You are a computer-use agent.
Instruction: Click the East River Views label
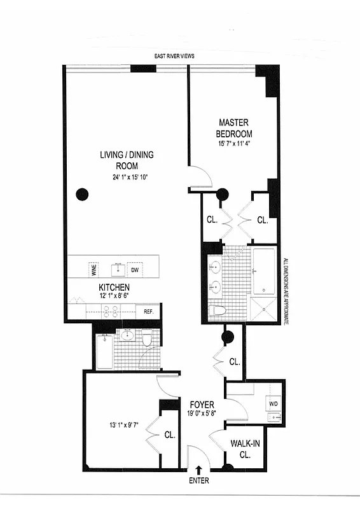click(x=174, y=56)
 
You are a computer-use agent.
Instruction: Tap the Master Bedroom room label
click(x=234, y=128)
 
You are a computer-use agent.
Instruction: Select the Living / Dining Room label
click(x=127, y=159)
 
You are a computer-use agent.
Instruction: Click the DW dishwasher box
click(x=134, y=269)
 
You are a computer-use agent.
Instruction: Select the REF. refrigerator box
click(x=148, y=312)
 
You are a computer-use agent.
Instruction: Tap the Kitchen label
click(x=114, y=288)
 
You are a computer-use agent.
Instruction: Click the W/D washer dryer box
click(x=273, y=404)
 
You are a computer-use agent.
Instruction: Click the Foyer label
click(x=202, y=405)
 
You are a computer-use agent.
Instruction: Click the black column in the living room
click(x=81, y=195)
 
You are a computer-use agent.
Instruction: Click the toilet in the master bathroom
click(x=218, y=310)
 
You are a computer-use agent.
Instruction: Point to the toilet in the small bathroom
click(x=146, y=339)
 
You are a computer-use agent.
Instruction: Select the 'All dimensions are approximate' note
click(x=286, y=292)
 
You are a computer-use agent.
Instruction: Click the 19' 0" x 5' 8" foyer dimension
click(x=202, y=414)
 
